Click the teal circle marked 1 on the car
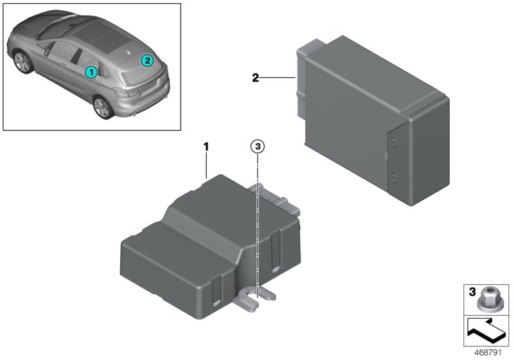point(91,71)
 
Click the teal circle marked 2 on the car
point(147,60)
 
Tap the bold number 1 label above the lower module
point(206,147)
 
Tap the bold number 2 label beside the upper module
point(255,78)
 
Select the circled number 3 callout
point(257,147)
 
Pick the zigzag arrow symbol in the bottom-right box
point(486,331)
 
